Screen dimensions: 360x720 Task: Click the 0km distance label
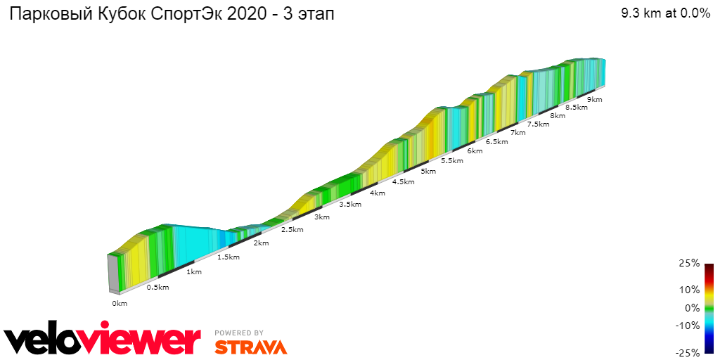coord(120,304)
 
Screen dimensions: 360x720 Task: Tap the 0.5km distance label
coord(158,287)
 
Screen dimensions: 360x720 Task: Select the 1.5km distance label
coord(229,257)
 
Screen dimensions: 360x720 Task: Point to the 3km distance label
coord(322,217)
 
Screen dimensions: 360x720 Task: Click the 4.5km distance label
coord(403,182)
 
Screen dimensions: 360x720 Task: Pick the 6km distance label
coord(475,150)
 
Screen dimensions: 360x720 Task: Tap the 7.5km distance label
coord(538,124)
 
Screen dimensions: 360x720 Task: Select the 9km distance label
coord(595,100)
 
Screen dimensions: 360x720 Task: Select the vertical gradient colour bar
coord(709,308)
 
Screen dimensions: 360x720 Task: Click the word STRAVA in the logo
coord(250,347)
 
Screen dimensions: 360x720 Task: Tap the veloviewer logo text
coord(103,340)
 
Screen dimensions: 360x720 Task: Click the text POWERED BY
coord(239,333)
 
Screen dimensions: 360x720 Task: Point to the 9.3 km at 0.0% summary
coord(665,13)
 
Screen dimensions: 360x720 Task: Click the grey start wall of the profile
coord(112,274)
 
